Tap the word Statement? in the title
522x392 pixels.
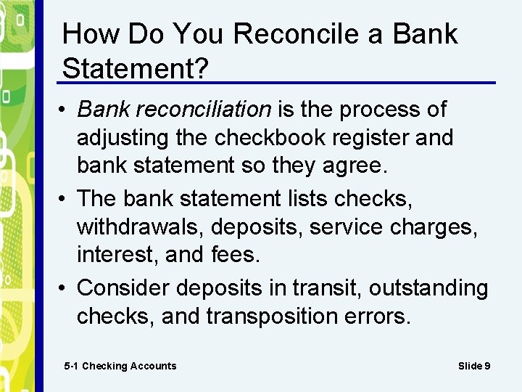[136, 68]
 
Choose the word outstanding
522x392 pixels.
[428, 288]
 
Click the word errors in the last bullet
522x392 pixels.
[379, 317]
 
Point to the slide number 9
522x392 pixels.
[487, 366]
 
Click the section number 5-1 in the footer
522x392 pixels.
[71, 366]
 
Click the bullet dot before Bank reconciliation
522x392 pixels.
[65, 110]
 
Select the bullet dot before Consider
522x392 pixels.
[65, 289]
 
